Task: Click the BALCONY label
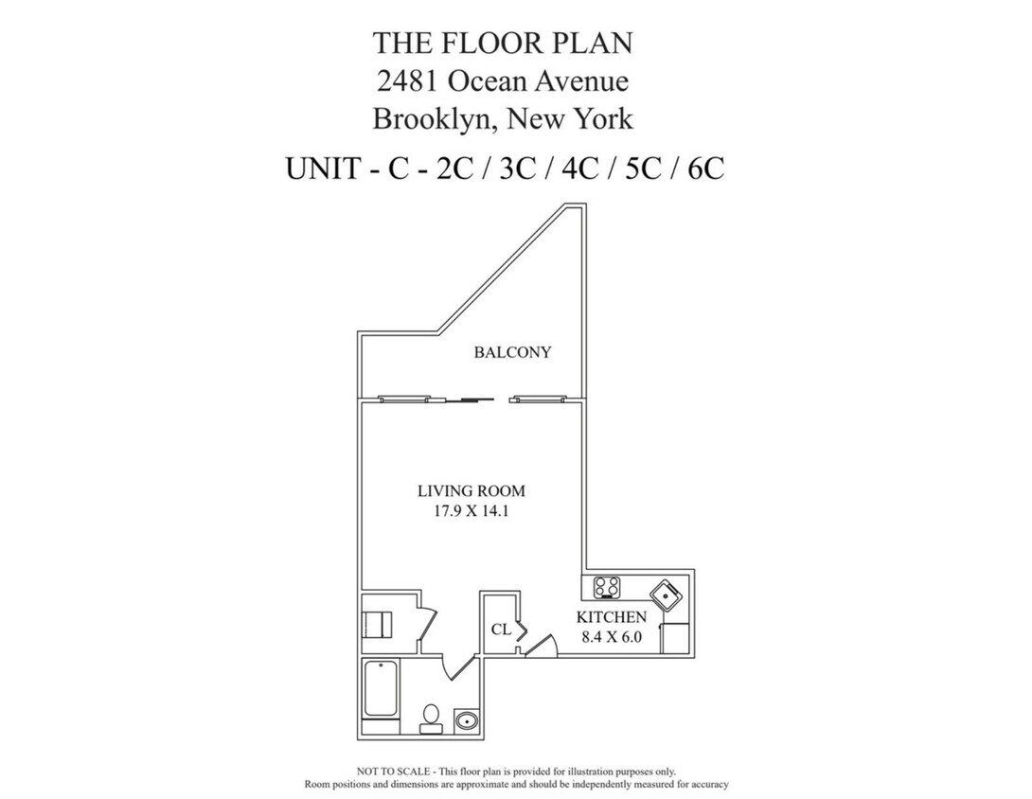[512, 352]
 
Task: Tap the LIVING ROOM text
[471, 491]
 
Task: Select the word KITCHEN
[612, 617]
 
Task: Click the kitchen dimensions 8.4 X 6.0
[612, 637]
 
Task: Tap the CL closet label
[501, 629]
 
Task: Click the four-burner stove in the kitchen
[607, 587]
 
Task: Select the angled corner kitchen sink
[667, 595]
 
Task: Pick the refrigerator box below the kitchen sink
[676, 638]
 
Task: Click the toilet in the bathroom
[431, 717]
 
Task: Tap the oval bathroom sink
[467, 721]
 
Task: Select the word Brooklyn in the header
[434, 119]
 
